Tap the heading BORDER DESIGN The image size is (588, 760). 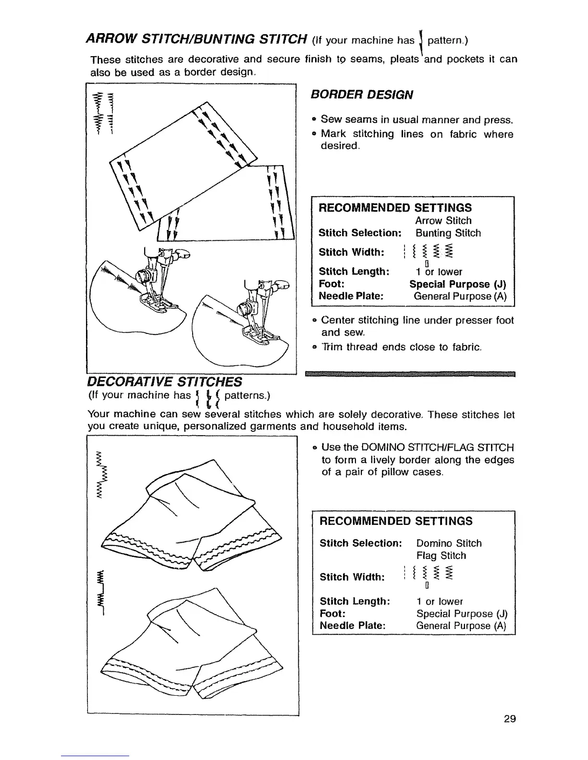click(362, 94)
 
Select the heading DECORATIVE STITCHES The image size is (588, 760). click(164, 381)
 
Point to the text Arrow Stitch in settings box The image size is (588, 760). click(443, 221)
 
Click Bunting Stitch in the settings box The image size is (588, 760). click(448, 233)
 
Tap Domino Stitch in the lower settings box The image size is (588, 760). click(449, 543)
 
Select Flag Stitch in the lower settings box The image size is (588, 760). click(441, 556)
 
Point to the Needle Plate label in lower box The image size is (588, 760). click(353, 626)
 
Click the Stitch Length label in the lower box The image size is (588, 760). click(355, 601)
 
